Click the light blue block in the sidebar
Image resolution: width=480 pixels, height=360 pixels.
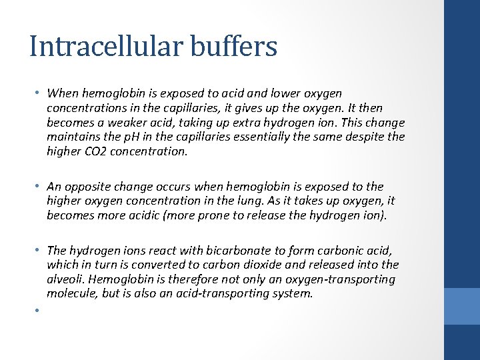[462, 306]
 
